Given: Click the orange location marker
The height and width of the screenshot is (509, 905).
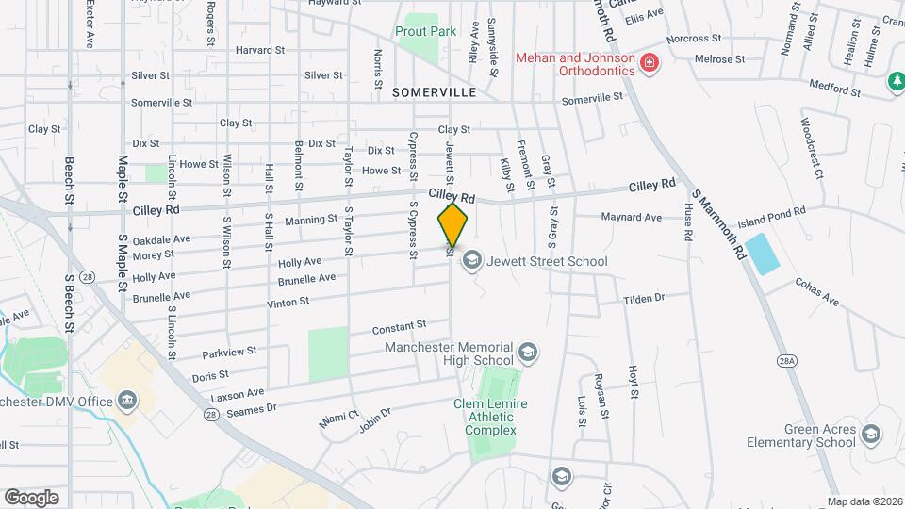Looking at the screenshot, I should coord(452,224).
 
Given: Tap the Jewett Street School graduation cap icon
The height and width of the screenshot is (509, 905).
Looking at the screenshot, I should coord(472,260).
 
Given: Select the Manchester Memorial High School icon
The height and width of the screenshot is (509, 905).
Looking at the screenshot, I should coord(529,353).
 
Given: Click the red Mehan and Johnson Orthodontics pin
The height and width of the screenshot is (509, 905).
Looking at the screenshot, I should coord(649,64).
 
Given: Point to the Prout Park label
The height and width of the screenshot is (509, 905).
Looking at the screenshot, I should coord(426,31).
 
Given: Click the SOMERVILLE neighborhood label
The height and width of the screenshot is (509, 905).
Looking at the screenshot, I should coord(435,92).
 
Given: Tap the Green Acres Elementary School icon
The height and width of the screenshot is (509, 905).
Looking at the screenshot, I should coord(871,435).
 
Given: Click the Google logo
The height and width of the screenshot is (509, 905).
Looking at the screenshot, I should coord(31,497).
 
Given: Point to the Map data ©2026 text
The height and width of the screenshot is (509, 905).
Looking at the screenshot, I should coord(864,501).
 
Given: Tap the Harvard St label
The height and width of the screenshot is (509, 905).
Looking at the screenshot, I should coord(260,50).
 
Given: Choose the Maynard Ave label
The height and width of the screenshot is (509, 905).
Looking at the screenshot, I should coord(632,217).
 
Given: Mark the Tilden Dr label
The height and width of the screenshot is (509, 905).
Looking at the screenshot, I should coord(644,298).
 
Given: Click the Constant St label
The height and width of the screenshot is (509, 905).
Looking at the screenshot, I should coord(399,328).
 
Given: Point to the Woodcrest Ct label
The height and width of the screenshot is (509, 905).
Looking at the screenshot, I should coord(812,148).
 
